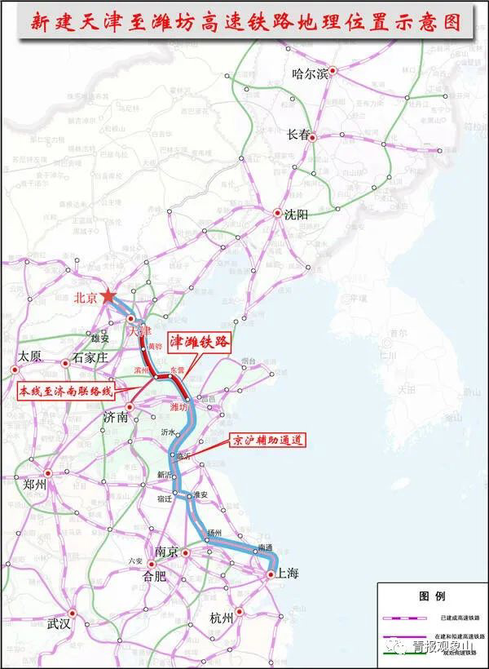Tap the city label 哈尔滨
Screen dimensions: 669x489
click(x=310, y=74)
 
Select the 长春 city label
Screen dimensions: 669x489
click(x=298, y=135)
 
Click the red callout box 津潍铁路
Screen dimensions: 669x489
click(x=200, y=343)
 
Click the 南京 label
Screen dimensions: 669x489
click(x=166, y=552)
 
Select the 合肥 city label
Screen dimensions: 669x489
click(x=154, y=575)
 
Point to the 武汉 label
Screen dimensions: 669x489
click(x=59, y=624)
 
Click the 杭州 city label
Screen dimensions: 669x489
click(x=221, y=618)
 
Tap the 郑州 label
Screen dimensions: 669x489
click(x=35, y=484)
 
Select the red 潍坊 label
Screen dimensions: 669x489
click(x=178, y=405)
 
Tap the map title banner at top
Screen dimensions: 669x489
click(x=244, y=22)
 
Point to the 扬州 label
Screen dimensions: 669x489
click(x=214, y=533)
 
